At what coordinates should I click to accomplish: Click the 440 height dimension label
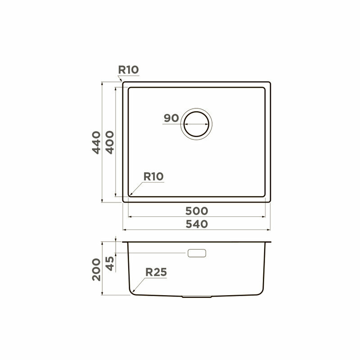(x=96, y=142)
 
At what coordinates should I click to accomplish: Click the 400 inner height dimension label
(x=110, y=142)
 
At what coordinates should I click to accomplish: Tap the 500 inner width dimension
(x=197, y=211)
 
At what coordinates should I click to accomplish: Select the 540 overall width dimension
(x=197, y=224)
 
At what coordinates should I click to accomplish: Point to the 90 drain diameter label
(x=171, y=118)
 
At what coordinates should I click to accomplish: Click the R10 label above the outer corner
(x=128, y=70)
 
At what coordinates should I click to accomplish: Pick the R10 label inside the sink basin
(x=153, y=176)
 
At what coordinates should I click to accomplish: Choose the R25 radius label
(x=156, y=272)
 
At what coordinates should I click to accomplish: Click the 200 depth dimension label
(x=96, y=270)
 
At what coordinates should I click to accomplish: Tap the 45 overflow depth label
(x=110, y=264)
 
